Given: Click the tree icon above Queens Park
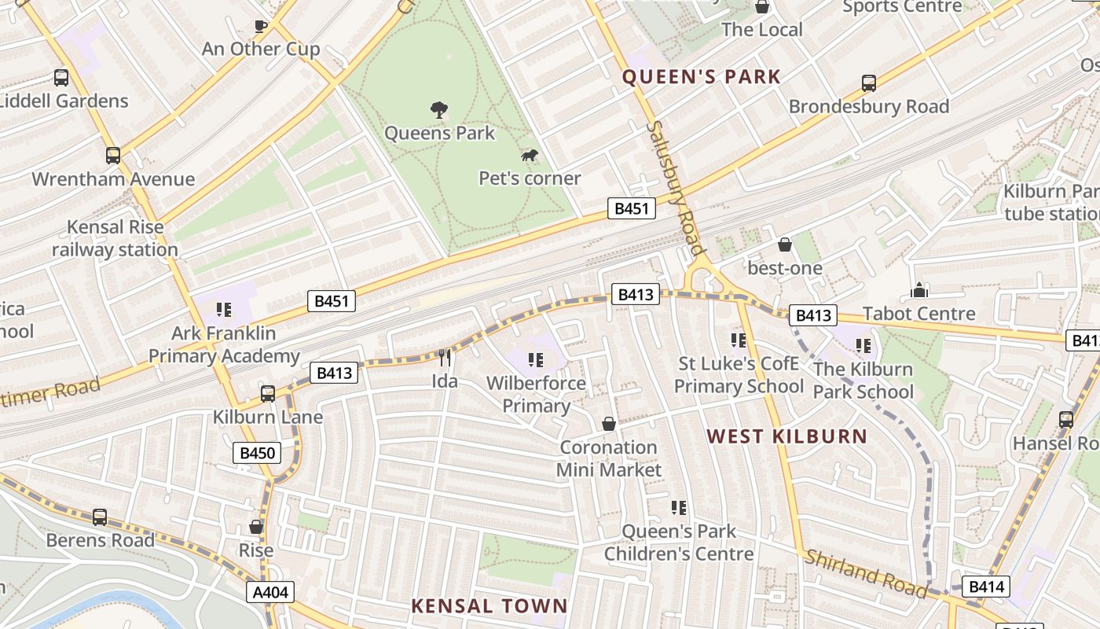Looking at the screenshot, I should [439, 110].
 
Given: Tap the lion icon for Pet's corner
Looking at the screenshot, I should [530, 156].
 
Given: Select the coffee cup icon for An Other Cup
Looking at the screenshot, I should [261, 27].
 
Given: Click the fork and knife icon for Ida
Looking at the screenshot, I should [445, 359].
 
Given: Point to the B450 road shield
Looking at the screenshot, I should [257, 453].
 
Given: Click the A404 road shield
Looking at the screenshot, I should [270, 593].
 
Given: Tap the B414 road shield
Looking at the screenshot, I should [985, 587].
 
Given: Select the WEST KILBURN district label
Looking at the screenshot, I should [786, 436].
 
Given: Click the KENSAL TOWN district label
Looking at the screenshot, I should [489, 605].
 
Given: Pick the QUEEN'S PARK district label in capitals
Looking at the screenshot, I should [702, 77].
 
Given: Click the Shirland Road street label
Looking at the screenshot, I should [865, 574].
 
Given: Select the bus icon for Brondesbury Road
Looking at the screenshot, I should [869, 83].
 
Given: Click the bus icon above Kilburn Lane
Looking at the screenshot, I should [268, 393].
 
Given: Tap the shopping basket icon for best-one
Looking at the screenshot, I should [784, 245].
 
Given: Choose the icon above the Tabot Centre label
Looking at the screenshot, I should [918, 291].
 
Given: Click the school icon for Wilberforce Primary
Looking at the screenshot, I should [536, 360].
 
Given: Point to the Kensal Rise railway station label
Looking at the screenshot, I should [115, 238].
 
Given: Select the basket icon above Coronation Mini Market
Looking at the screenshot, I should [608, 425].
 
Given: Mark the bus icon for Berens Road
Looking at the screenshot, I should [100, 517].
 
